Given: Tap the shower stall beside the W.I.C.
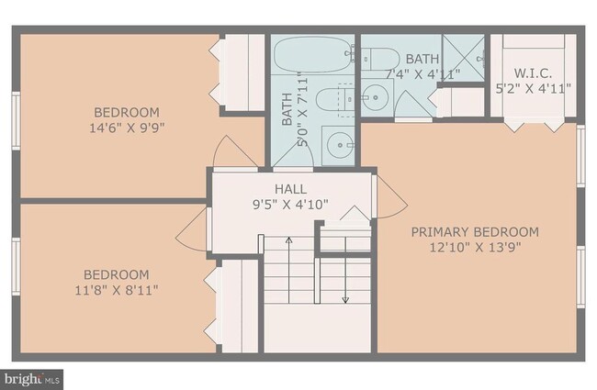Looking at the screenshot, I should coord(463,58).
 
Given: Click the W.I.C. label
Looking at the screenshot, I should coord(533,73).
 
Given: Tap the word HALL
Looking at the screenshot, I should coord(290,189).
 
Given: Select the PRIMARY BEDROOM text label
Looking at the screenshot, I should coord(474,231).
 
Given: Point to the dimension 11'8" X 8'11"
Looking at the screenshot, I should coord(116,290).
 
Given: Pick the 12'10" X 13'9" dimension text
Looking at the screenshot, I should coord(474,247).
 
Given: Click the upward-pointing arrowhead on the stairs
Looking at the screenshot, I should coord(288,240).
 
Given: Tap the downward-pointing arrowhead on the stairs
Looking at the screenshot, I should coord(345,298).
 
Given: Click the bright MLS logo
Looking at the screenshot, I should coord(33,377).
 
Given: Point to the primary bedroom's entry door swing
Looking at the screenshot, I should coord(389,195).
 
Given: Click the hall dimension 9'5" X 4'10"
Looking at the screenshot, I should coord(290,205).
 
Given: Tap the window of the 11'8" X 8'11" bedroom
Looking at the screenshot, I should coord(14,266).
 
